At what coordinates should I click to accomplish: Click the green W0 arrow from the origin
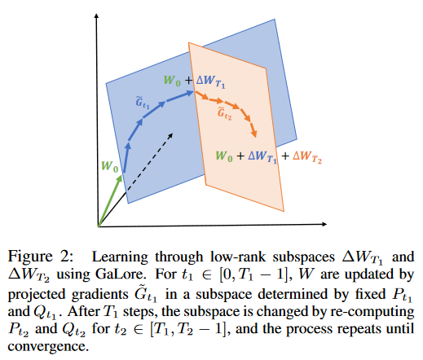click(x=111, y=201)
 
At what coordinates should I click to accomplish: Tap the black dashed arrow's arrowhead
click(x=170, y=135)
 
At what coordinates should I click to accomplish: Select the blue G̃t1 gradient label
click(x=143, y=103)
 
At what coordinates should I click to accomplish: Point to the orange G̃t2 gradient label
click(x=224, y=113)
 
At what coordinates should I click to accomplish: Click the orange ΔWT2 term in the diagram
click(x=307, y=157)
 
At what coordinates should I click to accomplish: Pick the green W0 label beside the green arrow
click(x=109, y=167)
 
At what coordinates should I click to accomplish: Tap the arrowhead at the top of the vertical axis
click(x=96, y=15)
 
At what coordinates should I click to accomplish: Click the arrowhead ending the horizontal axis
click(x=324, y=224)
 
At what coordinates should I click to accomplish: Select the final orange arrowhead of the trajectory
click(x=254, y=134)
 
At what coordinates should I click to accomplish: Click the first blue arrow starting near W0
click(x=126, y=157)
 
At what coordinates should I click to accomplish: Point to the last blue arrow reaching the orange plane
click(x=180, y=96)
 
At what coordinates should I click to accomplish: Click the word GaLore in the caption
click(x=120, y=275)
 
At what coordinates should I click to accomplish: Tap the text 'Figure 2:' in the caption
click(x=41, y=257)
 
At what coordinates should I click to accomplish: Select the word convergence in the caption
click(x=48, y=347)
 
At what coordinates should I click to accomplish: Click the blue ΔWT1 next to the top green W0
click(x=210, y=81)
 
